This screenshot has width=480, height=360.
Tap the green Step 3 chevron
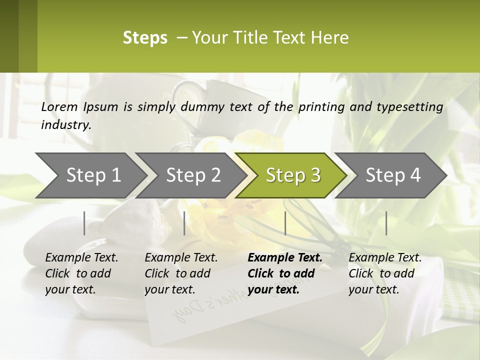click(x=293, y=175)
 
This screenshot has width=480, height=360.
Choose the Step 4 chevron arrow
click(x=393, y=175)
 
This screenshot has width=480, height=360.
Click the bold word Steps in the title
click(x=145, y=38)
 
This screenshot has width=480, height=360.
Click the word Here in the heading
click(x=330, y=38)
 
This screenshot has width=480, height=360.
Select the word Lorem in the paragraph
click(x=59, y=106)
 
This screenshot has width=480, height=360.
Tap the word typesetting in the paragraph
click(x=413, y=106)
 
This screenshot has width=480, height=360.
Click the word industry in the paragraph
click(x=66, y=124)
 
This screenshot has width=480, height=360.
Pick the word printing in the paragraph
click(x=320, y=106)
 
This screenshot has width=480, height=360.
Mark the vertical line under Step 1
click(x=84, y=223)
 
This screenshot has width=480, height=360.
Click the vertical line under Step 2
click(x=184, y=223)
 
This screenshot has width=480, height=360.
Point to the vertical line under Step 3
click(x=285, y=223)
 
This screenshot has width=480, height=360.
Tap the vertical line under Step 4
click(x=386, y=223)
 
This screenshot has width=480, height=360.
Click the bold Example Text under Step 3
click(x=285, y=258)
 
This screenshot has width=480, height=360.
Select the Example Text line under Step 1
click(x=81, y=258)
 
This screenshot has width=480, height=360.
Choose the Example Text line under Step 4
click(x=385, y=258)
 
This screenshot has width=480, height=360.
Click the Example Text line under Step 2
click(x=181, y=258)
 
